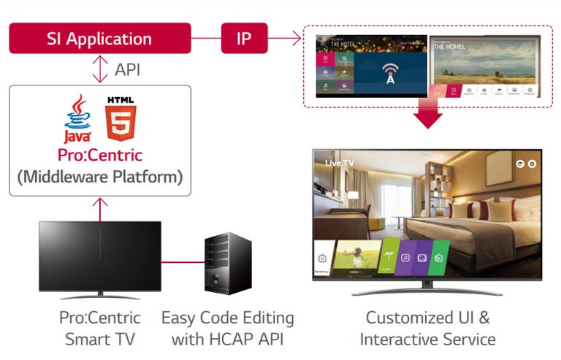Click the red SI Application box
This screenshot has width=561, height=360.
(99, 38)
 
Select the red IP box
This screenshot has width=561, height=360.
(244, 38)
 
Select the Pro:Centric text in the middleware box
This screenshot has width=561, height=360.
(100, 155)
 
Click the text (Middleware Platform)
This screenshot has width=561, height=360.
(100, 176)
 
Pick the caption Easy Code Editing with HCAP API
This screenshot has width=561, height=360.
(227, 329)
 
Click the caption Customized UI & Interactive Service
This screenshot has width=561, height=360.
(427, 329)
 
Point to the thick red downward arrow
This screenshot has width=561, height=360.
(428, 115)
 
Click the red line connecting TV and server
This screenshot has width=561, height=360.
(183, 261)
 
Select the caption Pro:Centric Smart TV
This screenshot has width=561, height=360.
(100, 329)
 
